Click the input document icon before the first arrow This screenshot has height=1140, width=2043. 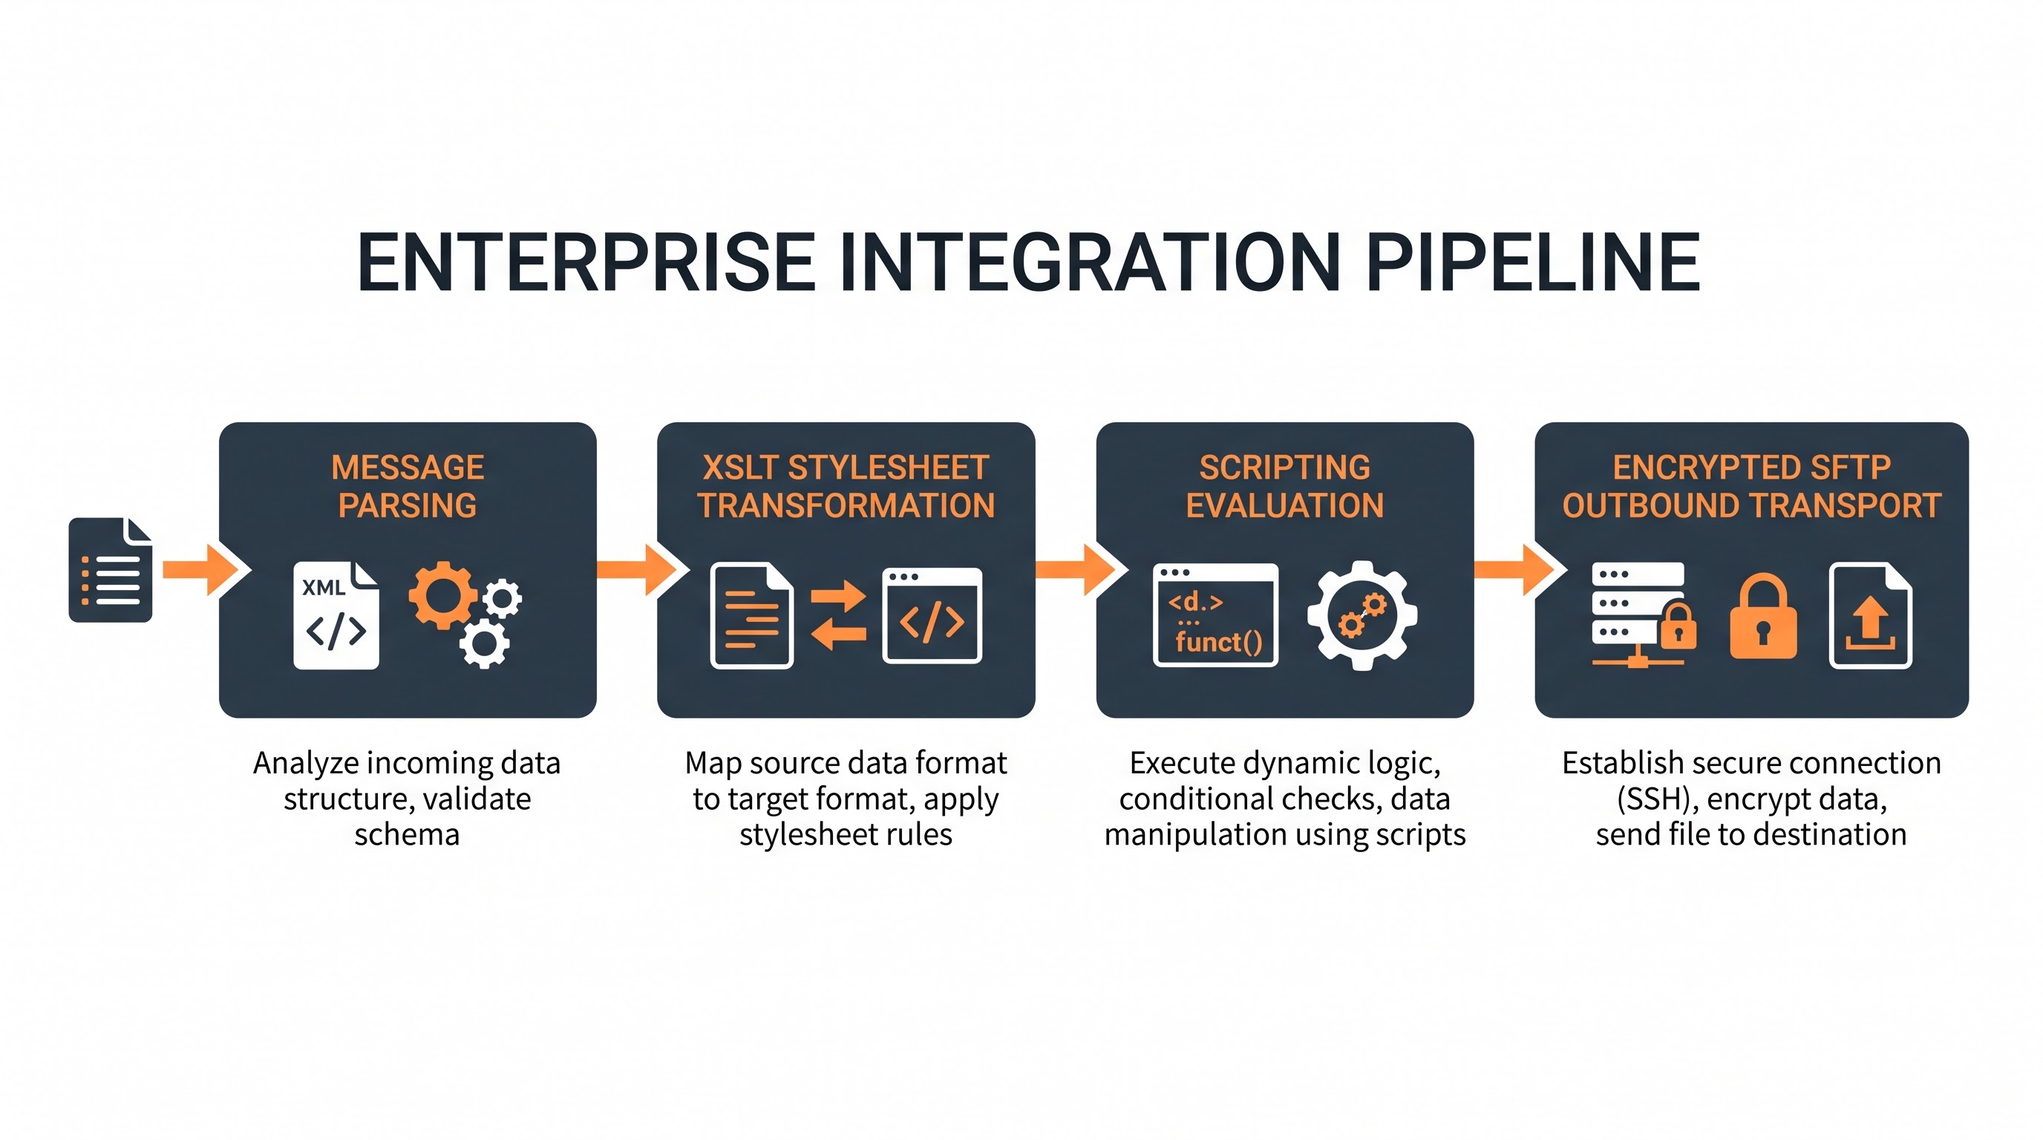[x=110, y=570]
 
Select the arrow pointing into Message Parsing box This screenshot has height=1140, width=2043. [x=207, y=570]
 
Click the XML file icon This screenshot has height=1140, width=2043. [x=336, y=615]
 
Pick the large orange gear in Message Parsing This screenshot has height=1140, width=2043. [x=442, y=594]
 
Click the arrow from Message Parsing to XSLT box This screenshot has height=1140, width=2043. [x=643, y=570]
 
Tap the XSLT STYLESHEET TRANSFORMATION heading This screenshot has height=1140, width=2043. [x=846, y=486]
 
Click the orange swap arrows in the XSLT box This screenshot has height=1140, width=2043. [x=838, y=615]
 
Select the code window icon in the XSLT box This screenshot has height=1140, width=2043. [x=932, y=615]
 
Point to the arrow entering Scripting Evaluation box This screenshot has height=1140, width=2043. [x=1082, y=570]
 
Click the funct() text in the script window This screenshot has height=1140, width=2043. [x=1219, y=641]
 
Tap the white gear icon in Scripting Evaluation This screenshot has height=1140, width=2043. [x=1362, y=615]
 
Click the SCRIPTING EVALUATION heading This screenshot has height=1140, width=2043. [x=1285, y=486]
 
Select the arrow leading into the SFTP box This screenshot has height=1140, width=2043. [x=1520, y=570]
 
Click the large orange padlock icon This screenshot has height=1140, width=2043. [x=1763, y=617]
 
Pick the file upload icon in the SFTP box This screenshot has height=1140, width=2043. [x=1871, y=615]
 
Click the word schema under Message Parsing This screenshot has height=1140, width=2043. [x=407, y=834]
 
